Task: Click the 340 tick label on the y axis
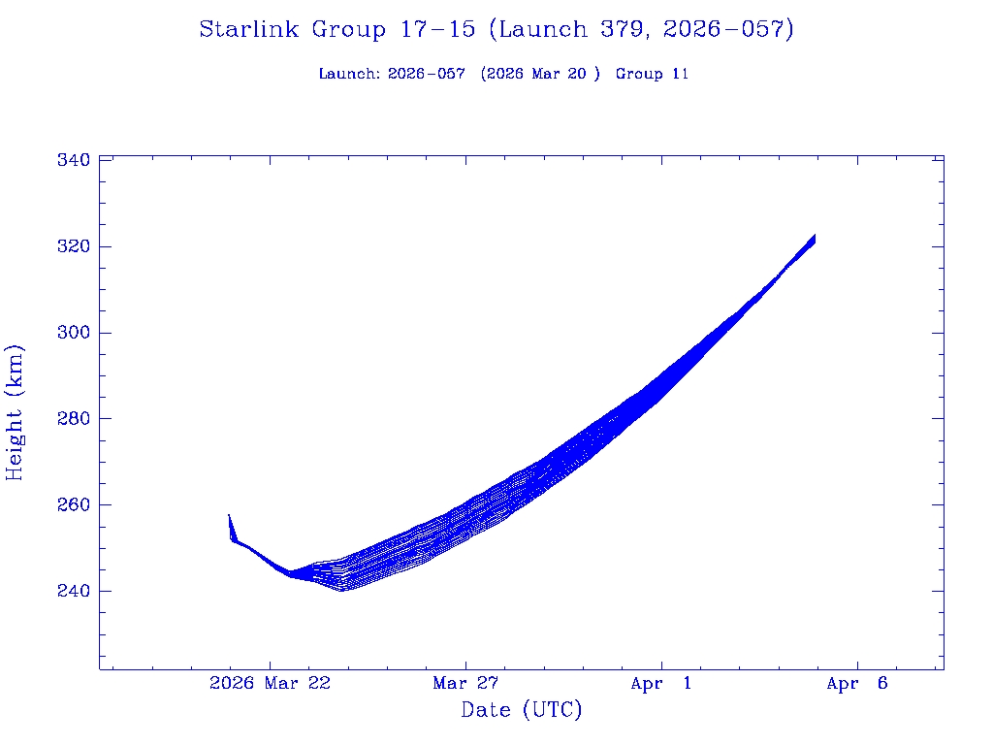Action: (x=76, y=160)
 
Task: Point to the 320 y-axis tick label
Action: (x=76, y=246)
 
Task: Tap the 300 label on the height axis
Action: (x=76, y=333)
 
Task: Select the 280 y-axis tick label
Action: (x=76, y=419)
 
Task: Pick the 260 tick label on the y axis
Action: (x=76, y=505)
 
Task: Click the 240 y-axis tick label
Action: (x=76, y=591)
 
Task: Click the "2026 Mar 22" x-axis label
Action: (x=270, y=684)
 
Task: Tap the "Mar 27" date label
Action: (x=465, y=684)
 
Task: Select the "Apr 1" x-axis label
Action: (x=661, y=684)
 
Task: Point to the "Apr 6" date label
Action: (x=857, y=684)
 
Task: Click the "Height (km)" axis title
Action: (x=16, y=412)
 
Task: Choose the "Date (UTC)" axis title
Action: (x=522, y=711)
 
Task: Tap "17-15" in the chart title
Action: (x=436, y=30)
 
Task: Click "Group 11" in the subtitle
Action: (x=652, y=74)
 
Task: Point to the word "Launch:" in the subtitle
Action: (x=349, y=74)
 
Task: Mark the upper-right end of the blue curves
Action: (x=815, y=236)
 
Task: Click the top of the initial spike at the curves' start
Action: (x=229, y=515)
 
